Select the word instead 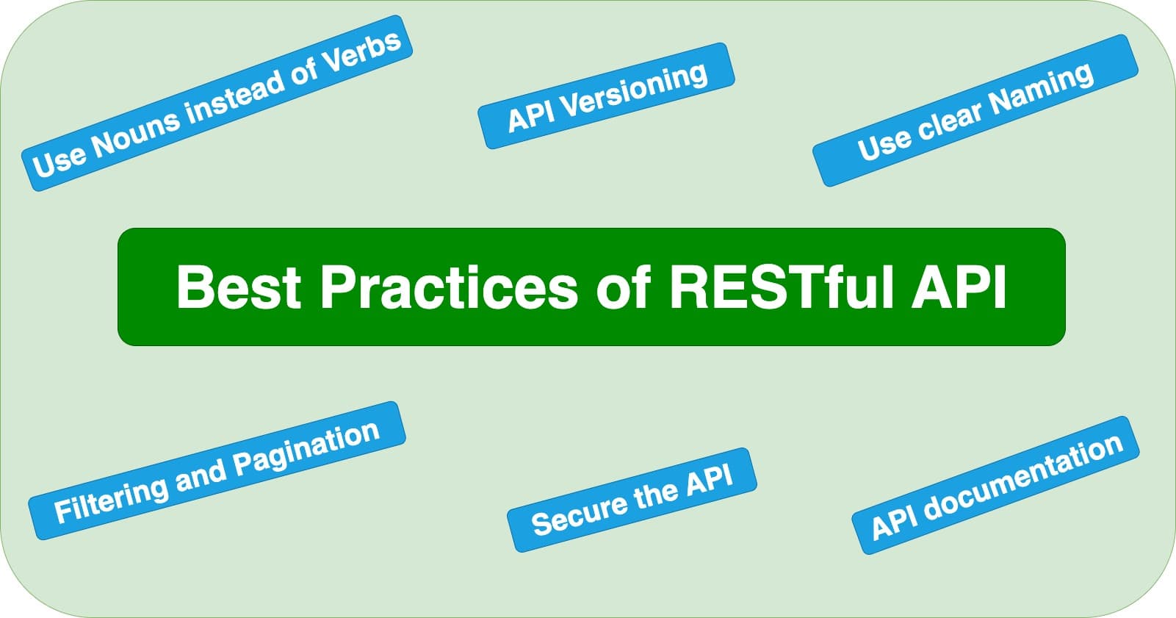click(237, 96)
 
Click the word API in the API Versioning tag click(530, 118)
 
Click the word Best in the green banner click(239, 287)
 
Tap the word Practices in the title click(449, 287)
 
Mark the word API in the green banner click(959, 287)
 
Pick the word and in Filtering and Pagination click(200, 476)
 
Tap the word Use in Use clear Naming click(884, 145)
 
